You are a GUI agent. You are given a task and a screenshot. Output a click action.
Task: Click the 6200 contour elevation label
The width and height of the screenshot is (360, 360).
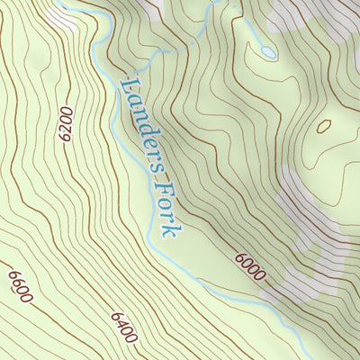pyautogui.click(x=64, y=123)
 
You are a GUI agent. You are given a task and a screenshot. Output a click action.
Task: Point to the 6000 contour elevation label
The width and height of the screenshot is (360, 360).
pyautogui.click(x=249, y=265)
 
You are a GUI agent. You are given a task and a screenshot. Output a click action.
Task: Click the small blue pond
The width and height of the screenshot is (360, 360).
pyautogui.click(x=268, y=52)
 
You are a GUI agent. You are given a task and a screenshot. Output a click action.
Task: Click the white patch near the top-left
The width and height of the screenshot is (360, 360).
pyautogui.click(x=65, y=15)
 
